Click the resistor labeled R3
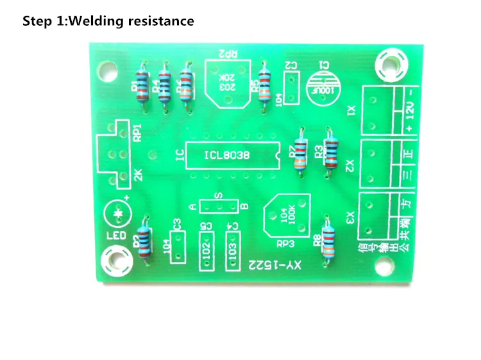click(x=330, y=150)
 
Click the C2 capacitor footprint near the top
click(x=291, y=87)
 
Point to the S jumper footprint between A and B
click(x=218, y=206)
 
